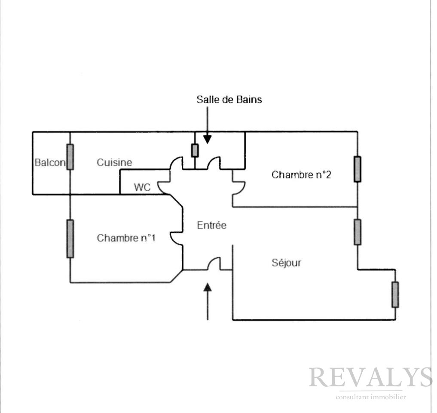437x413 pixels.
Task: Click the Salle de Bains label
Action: [x=229, y=99]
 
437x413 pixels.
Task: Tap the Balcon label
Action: [x=50, y=162]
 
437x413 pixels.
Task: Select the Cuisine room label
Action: [x=114, y=162]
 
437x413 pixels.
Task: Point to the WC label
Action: [x=142, y=187]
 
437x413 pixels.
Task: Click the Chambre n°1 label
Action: [x=126, y=238]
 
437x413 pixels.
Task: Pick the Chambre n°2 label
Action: [x=301, y=175]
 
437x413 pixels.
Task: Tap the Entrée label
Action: [x=211, y=225]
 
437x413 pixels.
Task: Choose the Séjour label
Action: [x=286, y=263]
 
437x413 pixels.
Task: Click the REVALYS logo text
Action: [x=371, y=377]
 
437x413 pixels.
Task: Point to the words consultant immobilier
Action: [x=371, y=397]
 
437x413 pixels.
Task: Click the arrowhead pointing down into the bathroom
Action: [x=208, y=139]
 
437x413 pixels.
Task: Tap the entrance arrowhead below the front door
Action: [x=208, y=288]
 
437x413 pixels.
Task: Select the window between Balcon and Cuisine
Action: [x=70, y=157]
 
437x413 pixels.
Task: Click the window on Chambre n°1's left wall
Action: [x=70, y=239]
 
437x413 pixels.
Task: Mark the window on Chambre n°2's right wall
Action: [x=358, y=169]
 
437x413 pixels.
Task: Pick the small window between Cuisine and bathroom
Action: [x=195, y=150]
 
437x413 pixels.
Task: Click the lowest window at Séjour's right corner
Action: [x=395, y=294]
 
